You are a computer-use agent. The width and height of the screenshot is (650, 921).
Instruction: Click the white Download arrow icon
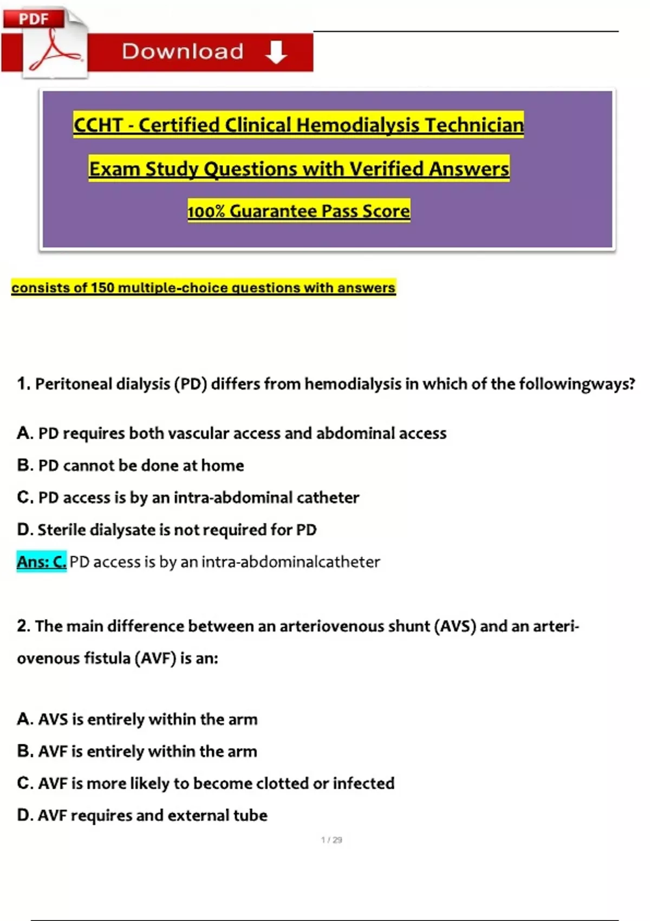(x=276, y=52)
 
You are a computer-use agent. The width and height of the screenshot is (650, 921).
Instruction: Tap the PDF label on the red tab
(x=34, y=19)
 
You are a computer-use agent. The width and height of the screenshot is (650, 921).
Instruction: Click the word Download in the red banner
(x=183, y=51)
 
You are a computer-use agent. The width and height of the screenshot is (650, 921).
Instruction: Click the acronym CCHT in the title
(x=98, y=125)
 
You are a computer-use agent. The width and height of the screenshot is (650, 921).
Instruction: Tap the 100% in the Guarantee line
(x=206, y=211)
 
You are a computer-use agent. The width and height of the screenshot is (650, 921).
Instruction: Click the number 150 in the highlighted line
(x=102, y=288)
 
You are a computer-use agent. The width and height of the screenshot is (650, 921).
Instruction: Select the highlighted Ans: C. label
(x=41, y=562)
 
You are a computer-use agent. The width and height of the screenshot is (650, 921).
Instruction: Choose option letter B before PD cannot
(x=25, y=465)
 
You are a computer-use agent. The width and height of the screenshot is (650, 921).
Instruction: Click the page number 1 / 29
(x=331, y=840)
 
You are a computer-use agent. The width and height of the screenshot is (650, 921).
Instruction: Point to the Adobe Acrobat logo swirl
(x=54, y=51)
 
